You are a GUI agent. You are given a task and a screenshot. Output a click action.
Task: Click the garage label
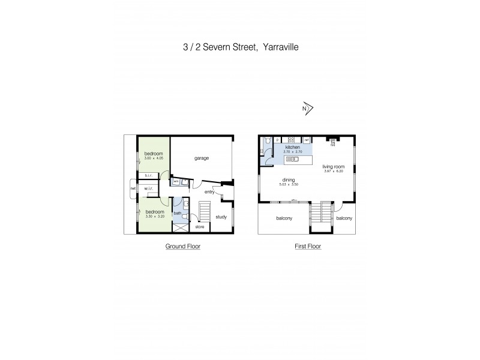201,158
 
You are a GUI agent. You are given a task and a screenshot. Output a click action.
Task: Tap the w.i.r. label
149,189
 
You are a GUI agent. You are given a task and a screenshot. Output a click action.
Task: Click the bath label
178,213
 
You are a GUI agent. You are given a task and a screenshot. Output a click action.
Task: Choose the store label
200,227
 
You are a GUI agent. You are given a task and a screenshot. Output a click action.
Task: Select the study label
221,217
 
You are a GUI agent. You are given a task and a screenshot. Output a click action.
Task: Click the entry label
209,192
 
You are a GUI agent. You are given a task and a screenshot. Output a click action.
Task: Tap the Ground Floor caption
183,247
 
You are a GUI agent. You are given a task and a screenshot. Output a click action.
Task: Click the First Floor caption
308,247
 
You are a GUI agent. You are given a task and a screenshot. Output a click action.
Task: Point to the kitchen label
292,147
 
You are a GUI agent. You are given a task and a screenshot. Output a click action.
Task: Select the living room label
332,167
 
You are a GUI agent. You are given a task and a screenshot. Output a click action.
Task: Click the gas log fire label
332,142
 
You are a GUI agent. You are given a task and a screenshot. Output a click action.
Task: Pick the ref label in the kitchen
306,140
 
